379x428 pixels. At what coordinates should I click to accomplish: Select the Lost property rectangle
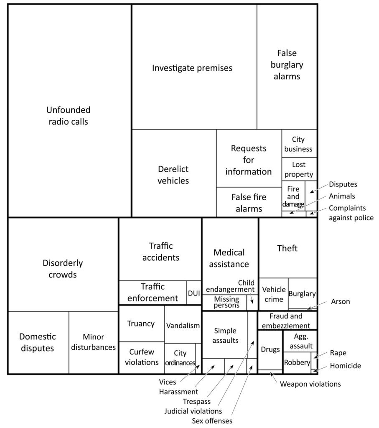(299, 170)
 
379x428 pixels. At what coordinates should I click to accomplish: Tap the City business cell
(299, 143)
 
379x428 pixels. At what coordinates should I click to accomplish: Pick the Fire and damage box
(293, 196)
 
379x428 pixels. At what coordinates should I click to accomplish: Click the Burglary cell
(302, 293)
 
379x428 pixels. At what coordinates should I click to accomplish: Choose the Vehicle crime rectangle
(274, 294)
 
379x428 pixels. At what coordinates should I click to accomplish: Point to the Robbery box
(297, 362)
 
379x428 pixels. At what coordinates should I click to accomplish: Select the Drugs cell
(270, 349)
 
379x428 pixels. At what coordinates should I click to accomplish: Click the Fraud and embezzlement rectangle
(287, 321)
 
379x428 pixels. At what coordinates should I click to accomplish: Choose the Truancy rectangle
(141, 324)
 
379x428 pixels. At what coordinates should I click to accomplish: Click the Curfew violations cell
(141, 357)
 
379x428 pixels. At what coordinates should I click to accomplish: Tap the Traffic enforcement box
(153, 292)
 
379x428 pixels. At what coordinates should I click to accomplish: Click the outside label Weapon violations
(310, 384)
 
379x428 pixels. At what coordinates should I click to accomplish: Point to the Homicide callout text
(345, 366)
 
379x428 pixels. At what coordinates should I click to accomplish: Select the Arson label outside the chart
(341, 301)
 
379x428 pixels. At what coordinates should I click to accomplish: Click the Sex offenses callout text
(212, 420)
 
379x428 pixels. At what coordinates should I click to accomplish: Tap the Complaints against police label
(351, 213)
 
